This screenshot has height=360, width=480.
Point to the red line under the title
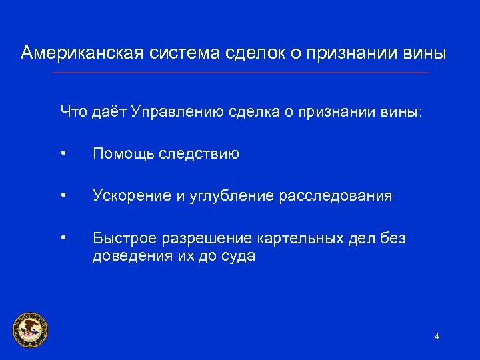[240, 72]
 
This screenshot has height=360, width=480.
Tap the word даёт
[109, 111]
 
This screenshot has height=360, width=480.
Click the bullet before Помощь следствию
[62, 155]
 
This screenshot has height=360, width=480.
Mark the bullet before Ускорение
[62, 196]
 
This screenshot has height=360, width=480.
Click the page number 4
[437, 337]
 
